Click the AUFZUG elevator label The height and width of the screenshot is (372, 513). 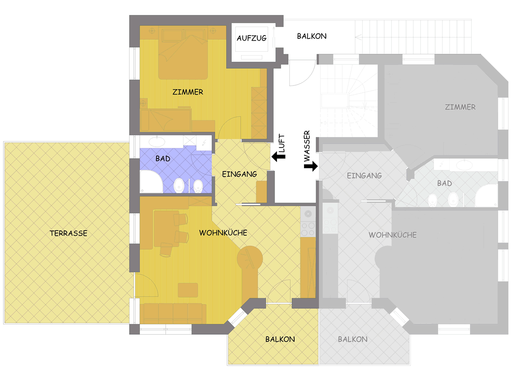(x=251, y=38)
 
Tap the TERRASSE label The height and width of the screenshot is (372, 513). (x=68, y=233)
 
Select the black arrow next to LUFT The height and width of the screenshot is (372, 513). (x=278, y=156)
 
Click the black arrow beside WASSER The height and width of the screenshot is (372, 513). (x=311, y=166)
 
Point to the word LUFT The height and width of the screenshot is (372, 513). (x=281, y=143)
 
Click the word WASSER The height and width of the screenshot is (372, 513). (x=307, y=146)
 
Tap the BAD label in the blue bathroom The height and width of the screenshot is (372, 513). (x=163, y=159)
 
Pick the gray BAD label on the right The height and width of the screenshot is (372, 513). (x=445, y=183)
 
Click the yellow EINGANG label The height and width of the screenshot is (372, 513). (x=239, y=174)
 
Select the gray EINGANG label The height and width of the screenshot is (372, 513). (x=364, y=176)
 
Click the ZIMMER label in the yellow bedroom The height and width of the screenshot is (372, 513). (x=188, y=92)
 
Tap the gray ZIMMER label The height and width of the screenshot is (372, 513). (x=460, y=107)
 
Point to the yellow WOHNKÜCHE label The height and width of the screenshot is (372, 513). (x=223, y=233)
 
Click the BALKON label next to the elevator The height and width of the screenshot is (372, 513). (x=312, y=36)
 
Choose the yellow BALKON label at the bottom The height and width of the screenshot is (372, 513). (x=280, y=339)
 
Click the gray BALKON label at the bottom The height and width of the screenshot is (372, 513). (x=353, y=339)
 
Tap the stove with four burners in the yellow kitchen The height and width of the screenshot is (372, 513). (x=308, y=229)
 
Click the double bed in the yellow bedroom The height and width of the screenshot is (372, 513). (x=183, y=53)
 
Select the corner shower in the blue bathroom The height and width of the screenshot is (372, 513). (x=151, y=181)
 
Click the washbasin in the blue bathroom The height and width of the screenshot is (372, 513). (x=157, y=142)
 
